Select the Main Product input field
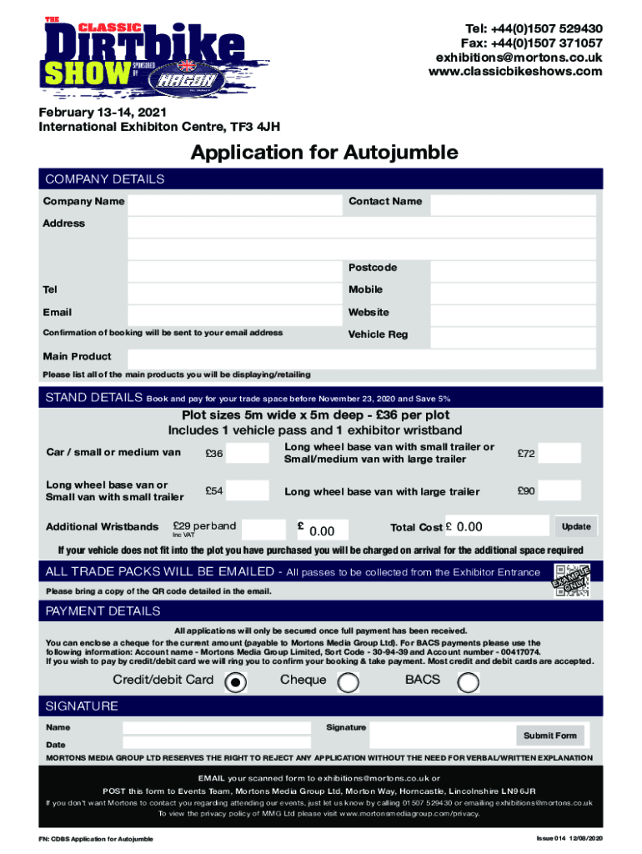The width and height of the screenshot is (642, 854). click(362, 359)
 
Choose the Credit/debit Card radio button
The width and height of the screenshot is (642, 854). click(237, 682)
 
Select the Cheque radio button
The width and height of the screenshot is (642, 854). click(347, 682)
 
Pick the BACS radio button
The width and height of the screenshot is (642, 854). click(469, 682)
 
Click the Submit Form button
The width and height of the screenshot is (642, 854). click(549, 735)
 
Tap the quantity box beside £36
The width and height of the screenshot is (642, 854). click(248, 454)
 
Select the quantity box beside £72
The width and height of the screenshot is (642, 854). click(564, 454)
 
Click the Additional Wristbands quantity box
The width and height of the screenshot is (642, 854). click(264, 528)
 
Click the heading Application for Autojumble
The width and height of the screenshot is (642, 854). click(324, 153)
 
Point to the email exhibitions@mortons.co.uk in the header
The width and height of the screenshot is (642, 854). click(519, 57)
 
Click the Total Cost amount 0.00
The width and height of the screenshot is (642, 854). click(469, 527)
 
